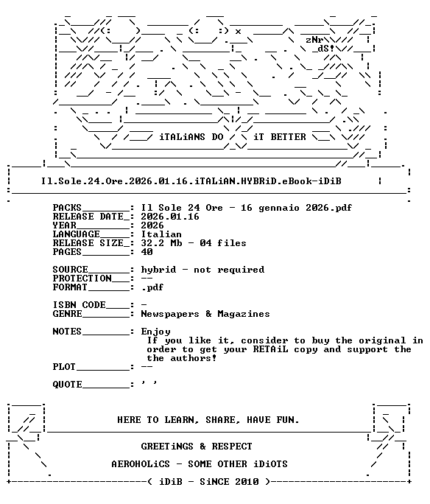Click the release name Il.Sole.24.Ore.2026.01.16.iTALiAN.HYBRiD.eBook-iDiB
click(191, 181)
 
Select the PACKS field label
click(67, 208)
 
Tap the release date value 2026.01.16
click(170, 217)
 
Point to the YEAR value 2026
click(152, 225)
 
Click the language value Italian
click(161, 234)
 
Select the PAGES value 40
click(147, 252)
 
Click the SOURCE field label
click(71, 270)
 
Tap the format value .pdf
click(152, 287)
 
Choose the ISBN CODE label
click(79, 305)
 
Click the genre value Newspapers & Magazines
click(205, 314)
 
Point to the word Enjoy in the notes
click(155, 332)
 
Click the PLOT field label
click(64, 367)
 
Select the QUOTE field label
click(68, 385)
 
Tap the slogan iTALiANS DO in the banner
click(191, 137)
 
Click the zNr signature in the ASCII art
click(314, 40)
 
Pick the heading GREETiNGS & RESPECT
click(197, 447)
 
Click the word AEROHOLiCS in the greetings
click(141, 464)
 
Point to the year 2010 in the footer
click(247, 482)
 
